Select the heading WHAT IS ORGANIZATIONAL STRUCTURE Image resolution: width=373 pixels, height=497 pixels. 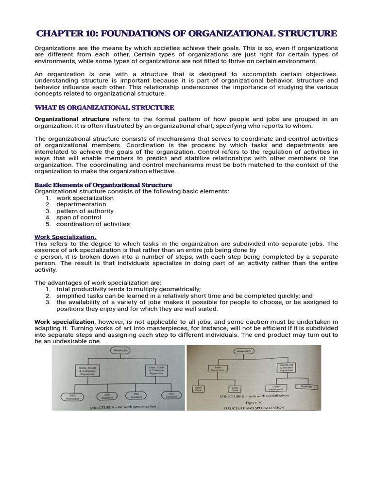coord(104,107)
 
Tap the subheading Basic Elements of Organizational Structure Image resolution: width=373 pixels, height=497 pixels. coord(103,185)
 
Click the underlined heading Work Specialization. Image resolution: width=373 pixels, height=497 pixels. coord(65,236)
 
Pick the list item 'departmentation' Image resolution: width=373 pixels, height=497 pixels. coord(81,204)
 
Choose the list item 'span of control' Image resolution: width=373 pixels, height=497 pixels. coord(79,217)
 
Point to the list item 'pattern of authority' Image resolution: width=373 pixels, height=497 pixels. coord(85,211)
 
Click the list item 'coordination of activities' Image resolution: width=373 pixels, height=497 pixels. coord(93,224)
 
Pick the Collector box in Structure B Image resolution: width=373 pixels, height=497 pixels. coord(306,387)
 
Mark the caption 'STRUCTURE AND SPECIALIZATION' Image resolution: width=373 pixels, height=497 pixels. coord(254,408)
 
